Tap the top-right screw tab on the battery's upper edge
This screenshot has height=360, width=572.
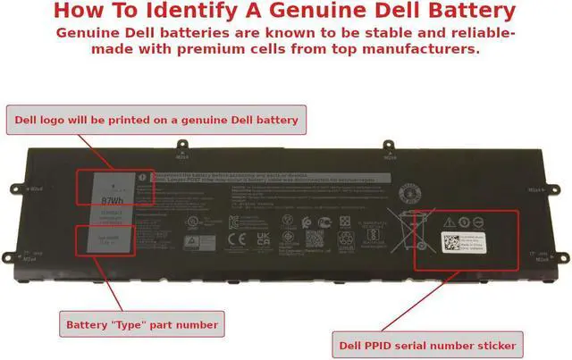389,143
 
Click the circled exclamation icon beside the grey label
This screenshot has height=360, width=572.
142,178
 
